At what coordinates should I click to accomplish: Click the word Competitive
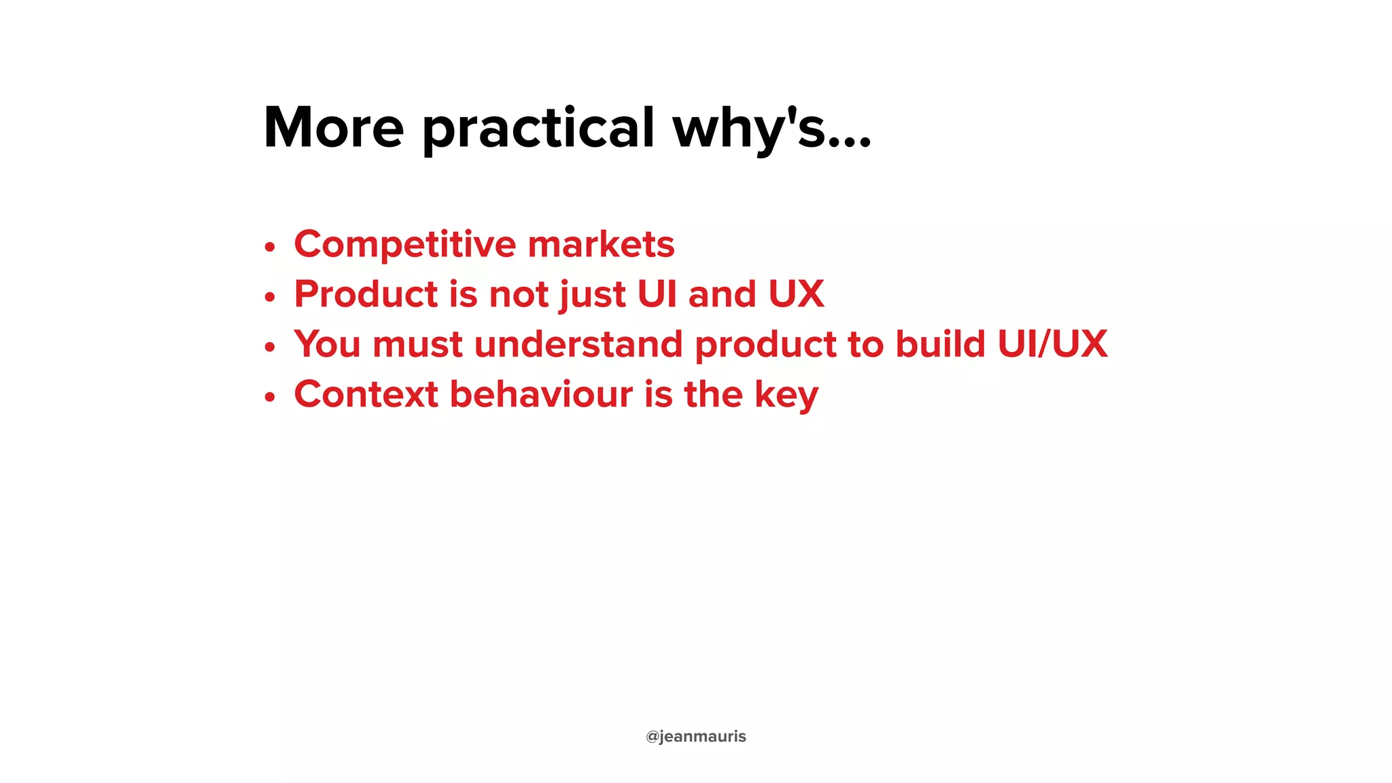[x=405, y=245]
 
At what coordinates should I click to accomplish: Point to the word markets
[x=601, y=245]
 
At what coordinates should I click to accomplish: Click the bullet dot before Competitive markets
[x=270, y=247]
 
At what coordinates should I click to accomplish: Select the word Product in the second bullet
[x=366, y=294]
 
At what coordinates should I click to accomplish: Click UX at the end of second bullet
[x=796, y=294]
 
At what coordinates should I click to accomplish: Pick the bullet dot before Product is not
[x=270, y=297]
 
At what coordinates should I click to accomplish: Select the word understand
[x=578, y=344]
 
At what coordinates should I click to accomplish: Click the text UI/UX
[x=1053, y=344]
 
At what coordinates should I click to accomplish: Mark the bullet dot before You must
[x=270, y=347]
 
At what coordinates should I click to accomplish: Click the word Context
[x=366, y=394]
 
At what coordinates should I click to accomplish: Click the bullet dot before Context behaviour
[x=270, y=397]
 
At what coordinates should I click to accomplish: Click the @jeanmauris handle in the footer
[x=695, y=737]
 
